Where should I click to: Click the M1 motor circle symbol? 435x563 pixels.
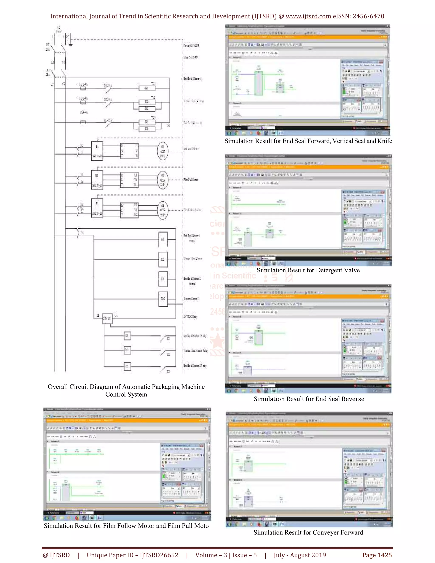click(x=163, y=151)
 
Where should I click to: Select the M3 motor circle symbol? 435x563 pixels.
click(x=163, y=210)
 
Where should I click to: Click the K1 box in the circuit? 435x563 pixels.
click(x=163, y=239)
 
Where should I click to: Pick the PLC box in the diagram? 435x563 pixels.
click(x=163, y=299)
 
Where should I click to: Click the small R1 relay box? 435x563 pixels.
click(x=127, y=335)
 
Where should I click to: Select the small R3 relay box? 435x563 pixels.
click(x=127, y=366)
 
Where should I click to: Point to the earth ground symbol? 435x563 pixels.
click(x=70, y=44)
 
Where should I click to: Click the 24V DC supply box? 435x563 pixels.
click(x=107, y=318)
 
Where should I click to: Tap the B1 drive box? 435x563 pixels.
click(x=97, y=151)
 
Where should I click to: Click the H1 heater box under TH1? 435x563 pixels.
click(x=147, y=88)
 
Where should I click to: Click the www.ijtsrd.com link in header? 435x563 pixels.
click(x=308, y=16)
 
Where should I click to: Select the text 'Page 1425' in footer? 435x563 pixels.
click(x=377, y=555)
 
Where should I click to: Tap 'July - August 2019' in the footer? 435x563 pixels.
click(x=300, y=555)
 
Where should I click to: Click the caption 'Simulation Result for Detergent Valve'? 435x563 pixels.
click(x=308, y=270)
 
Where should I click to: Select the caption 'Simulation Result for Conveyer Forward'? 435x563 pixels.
click(x=308, y=532)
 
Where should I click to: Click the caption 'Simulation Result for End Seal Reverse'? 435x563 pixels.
click(x=309, y=399)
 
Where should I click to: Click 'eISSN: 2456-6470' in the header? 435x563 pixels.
click(x=358, y=16)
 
